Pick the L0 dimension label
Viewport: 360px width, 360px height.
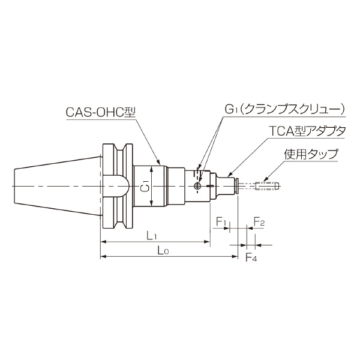point(160,250)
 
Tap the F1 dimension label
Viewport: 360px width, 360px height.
point(221,223)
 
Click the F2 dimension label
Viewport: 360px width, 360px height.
point(259,222)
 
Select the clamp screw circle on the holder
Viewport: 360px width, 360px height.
point(198,187)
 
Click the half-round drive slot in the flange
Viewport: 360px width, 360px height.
point(117,185)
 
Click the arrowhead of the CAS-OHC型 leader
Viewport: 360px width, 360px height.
point(160,164)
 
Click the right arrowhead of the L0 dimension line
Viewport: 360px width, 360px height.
point(236,257)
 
